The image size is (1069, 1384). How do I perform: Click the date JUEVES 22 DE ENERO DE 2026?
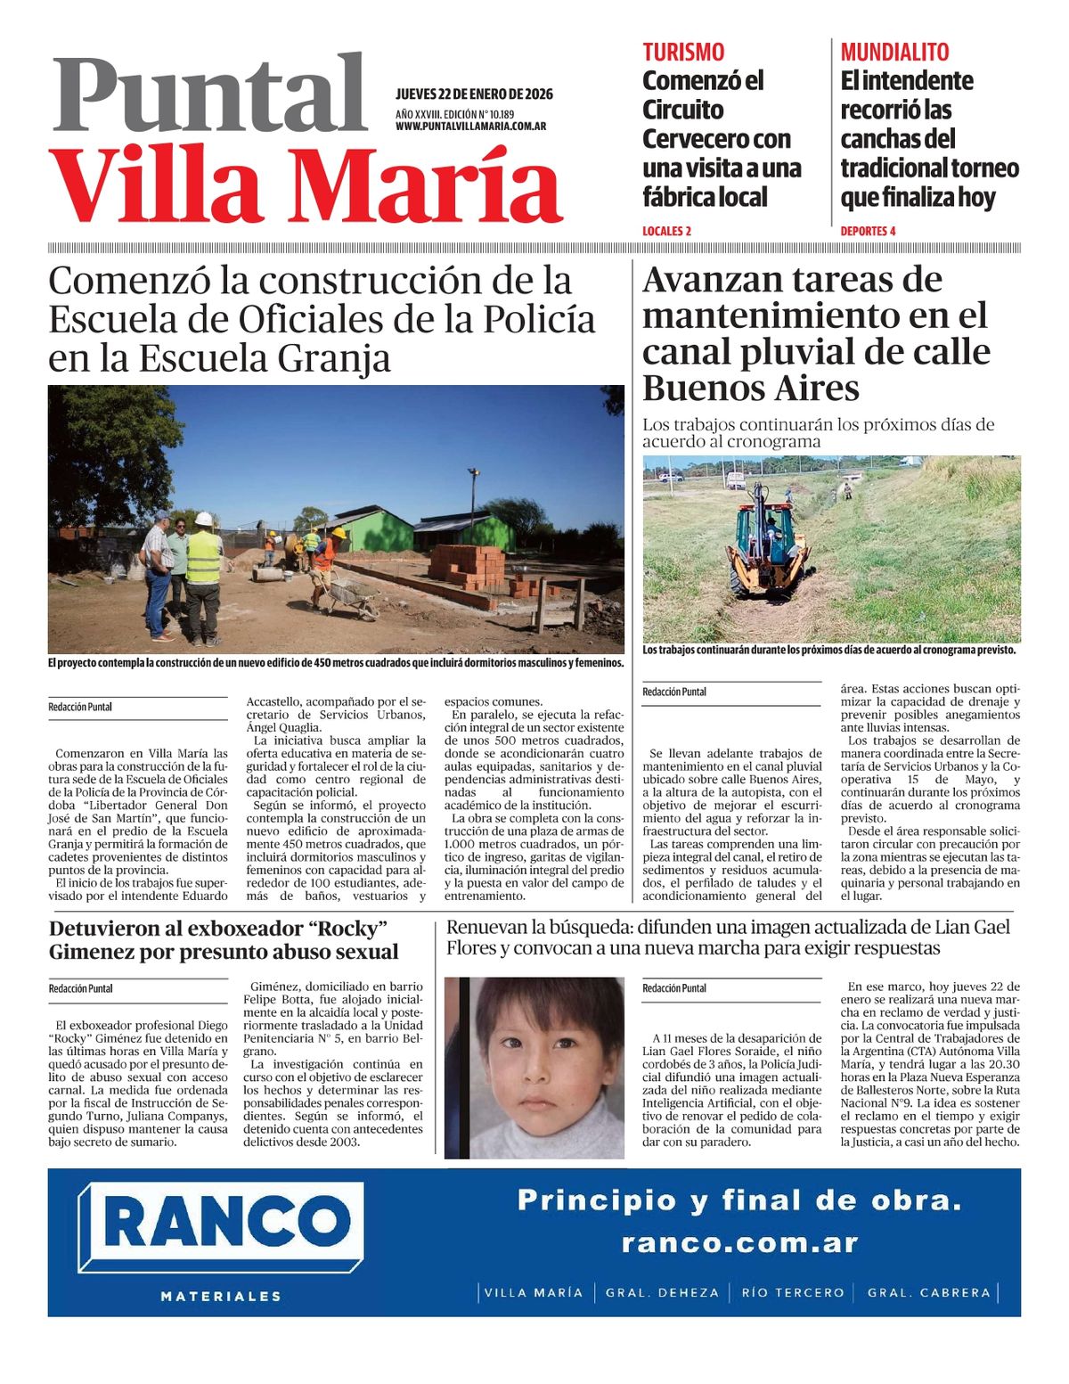point(474,94)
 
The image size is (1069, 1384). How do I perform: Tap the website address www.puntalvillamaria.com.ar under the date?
point(470,127)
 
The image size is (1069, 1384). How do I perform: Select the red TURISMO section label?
point(683,52)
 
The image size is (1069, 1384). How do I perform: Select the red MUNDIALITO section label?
point(894,52)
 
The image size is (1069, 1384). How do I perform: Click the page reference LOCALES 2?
point(666,231)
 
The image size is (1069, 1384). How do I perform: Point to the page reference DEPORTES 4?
point(868,231)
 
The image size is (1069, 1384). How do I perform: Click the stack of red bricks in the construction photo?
point(469,563)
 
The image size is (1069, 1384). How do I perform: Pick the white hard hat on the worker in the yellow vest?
point(204,519)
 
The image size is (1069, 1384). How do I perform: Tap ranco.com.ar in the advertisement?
point(739,1242)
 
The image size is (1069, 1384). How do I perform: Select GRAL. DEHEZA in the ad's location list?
point(662,1292)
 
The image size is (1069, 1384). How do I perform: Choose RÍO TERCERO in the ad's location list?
point(792,1292)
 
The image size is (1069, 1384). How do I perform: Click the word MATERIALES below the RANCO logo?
point(221,1296)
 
